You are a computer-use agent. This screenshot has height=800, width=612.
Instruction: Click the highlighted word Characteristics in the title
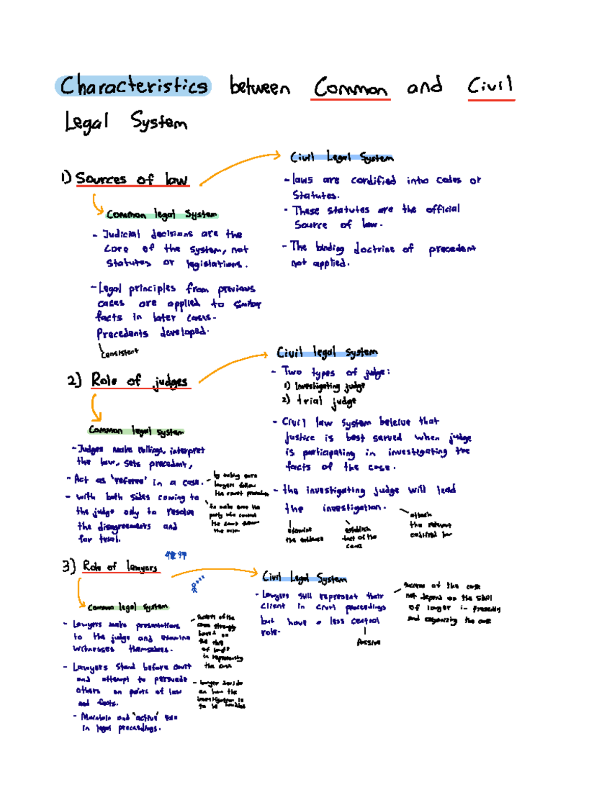(133, 86)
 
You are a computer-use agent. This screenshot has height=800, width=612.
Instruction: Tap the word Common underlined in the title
(350, 87)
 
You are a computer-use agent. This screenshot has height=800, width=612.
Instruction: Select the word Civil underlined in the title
(490, 86)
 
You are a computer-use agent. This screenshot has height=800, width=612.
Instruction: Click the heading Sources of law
(132, 179)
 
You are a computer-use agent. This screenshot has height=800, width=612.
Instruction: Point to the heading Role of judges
(139, 381)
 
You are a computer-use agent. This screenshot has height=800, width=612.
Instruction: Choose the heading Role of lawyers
(120, 566)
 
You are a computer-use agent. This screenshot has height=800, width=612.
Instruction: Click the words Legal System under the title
(126, 122)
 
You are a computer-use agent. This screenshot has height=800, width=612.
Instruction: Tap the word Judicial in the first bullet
(121, 234)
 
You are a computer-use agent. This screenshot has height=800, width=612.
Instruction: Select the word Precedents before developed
(122, 334)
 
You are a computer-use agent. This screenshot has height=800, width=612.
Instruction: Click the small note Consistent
(119, 352)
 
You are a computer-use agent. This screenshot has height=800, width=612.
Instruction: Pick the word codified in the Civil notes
(373, 180)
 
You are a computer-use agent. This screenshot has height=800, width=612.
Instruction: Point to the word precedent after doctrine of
(452, 249)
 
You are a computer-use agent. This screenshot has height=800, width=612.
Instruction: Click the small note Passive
(368, 643)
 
